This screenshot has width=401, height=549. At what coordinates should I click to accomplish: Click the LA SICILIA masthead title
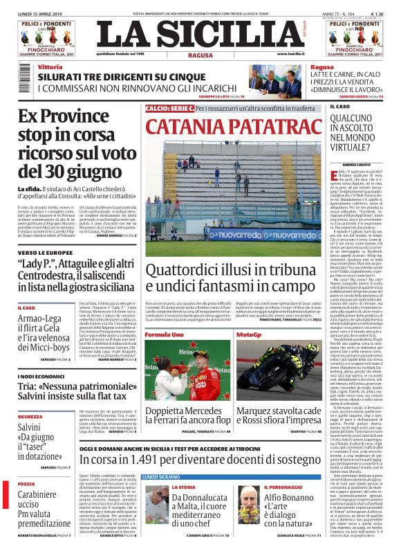[x=200, y=34]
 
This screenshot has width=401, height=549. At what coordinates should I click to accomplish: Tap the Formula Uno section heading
[x=164, y=334]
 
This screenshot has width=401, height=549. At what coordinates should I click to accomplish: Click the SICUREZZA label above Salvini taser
[x=30, y=417]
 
